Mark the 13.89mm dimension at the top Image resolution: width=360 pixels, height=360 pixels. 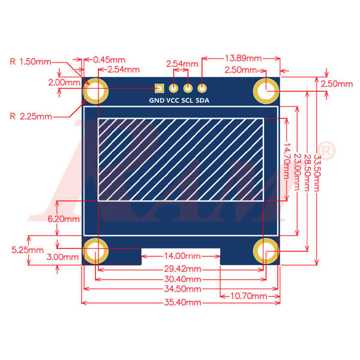(x=242, y=58)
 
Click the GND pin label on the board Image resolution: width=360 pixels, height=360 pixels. (x=156, y=101)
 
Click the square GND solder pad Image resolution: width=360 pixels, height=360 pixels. (x=159, y=87)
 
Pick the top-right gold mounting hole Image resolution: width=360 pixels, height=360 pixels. (x=266, y=91)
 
